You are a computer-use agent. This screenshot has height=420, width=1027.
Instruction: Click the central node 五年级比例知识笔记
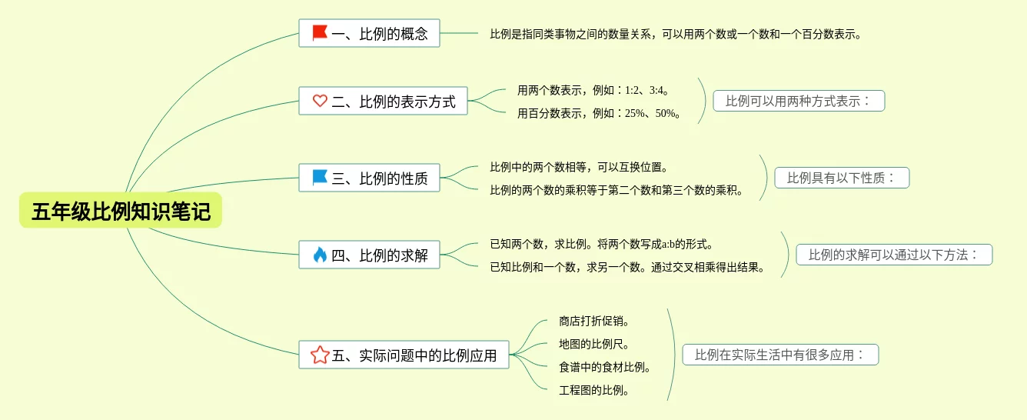[121, 211]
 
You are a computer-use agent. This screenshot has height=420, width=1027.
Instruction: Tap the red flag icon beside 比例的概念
[320, 33]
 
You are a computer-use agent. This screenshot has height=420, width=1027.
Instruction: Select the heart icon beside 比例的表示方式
[320, 101]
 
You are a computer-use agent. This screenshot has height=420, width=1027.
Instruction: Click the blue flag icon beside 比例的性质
[320, 178]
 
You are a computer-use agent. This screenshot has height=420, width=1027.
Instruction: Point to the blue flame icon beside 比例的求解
[320, 255]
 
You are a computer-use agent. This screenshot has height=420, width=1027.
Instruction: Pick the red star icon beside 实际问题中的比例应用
[320, 355]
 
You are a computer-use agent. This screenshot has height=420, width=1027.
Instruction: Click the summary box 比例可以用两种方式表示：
[799, 101]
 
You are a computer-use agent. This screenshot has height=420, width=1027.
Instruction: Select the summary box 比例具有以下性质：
[842, 178]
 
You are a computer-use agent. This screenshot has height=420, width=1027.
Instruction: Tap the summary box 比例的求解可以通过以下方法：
[894, 255]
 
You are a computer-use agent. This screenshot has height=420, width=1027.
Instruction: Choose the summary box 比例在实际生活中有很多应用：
[780, 355]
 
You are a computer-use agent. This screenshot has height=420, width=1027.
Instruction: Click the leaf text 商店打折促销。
[594, 321]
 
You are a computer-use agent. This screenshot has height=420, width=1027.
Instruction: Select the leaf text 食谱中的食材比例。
[605, 367]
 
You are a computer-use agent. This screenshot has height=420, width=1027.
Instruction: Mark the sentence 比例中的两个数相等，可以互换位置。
[580, 167]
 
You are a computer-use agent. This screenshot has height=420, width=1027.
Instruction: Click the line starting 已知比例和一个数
[627, 267]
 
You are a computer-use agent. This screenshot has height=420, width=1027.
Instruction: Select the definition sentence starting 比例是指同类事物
[676, 34]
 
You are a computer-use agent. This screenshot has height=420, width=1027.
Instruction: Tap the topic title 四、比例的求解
[380, 255]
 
